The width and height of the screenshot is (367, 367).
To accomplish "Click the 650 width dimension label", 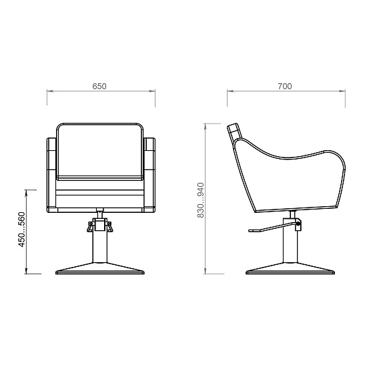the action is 99,86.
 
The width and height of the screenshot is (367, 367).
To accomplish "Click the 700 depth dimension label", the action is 285,86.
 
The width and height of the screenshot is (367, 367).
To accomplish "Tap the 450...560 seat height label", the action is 21,230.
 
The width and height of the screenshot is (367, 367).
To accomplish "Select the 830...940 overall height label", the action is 200,200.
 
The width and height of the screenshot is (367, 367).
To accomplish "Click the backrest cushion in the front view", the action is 99,151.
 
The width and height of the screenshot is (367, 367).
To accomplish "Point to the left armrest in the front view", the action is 52,175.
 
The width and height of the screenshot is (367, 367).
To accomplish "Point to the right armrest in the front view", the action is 149,175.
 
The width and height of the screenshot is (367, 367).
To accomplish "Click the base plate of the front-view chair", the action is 100,268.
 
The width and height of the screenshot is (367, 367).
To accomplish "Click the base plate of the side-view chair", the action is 290,268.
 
